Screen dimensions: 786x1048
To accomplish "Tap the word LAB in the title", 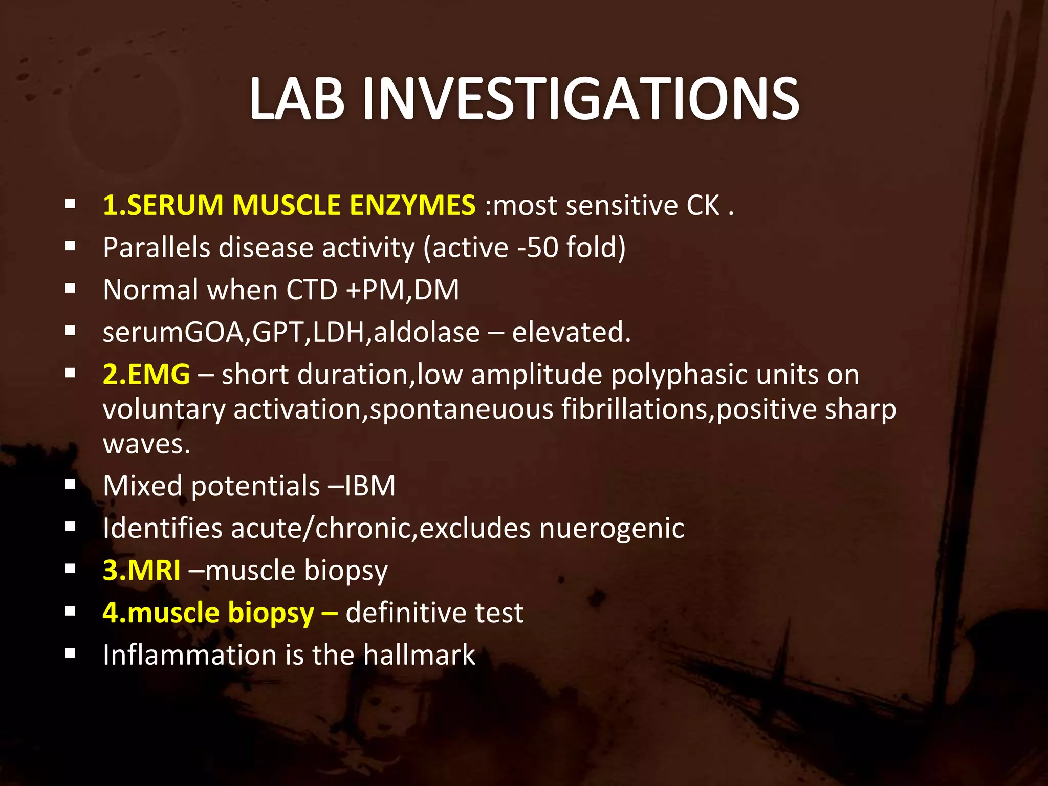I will coord(297,99).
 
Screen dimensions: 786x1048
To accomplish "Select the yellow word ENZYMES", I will coord(412,205).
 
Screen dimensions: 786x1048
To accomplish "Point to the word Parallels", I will coord(157,248).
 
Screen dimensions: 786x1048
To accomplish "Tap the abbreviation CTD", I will coord(312,290).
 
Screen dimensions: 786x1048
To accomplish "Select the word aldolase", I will coord(427,333).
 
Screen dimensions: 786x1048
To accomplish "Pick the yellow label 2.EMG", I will coord(146,375).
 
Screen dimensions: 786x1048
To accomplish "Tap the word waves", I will coord(146,444).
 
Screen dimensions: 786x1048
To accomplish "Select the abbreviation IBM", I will coord(370,486).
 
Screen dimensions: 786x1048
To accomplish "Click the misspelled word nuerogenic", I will coord(612,528).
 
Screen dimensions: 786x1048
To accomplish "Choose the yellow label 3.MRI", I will coord(142,570).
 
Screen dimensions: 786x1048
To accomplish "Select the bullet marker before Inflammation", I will coord(71,653).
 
